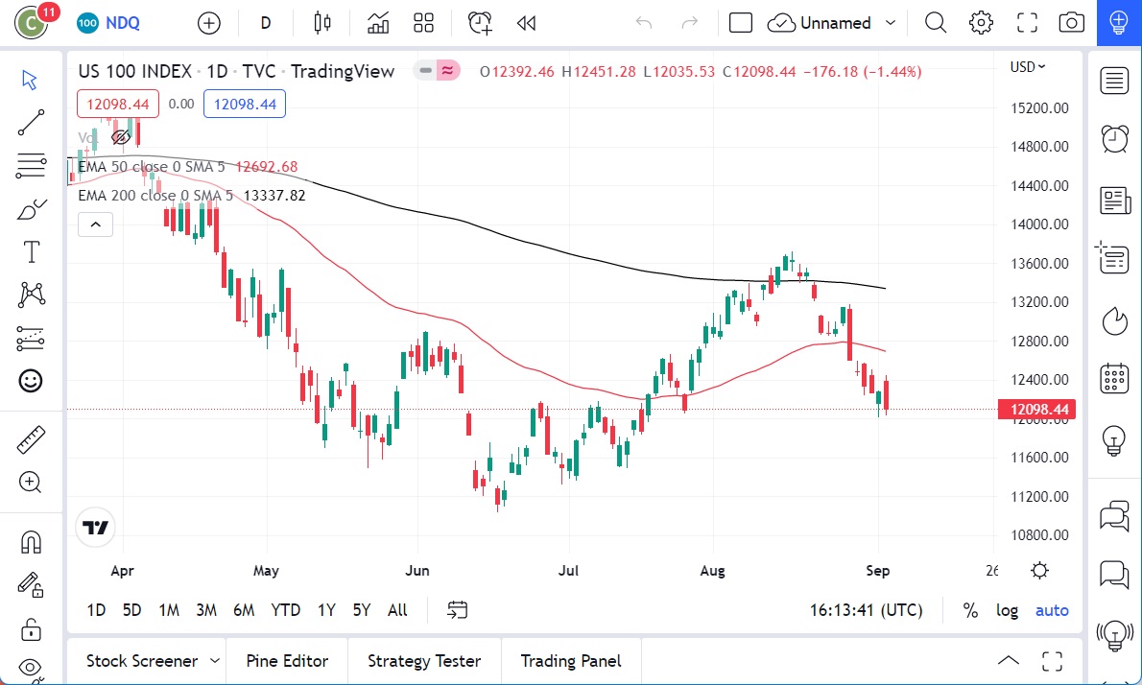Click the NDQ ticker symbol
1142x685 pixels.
click(122, 23)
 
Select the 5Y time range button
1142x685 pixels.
click(361, 610)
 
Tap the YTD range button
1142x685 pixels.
click(285, 610)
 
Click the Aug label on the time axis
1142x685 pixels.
click(713, 571)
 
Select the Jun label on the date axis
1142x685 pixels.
click(417, 571)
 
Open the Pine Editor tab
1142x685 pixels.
click(287, 661)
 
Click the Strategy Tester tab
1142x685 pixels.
click(423, 661)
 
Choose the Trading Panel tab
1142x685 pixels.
click(570, 661)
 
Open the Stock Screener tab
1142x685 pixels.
click(142, 661)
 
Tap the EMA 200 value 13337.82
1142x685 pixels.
click(275, 196)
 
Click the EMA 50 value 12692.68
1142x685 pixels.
click(267, 167)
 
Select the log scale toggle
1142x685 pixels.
click(1007, 610)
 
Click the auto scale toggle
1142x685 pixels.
click(1052, 610)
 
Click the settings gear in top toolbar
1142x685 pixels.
click(981, 23)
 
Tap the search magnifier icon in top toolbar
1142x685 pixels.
click(935, 23)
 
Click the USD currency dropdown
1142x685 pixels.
click(1028, 67)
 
